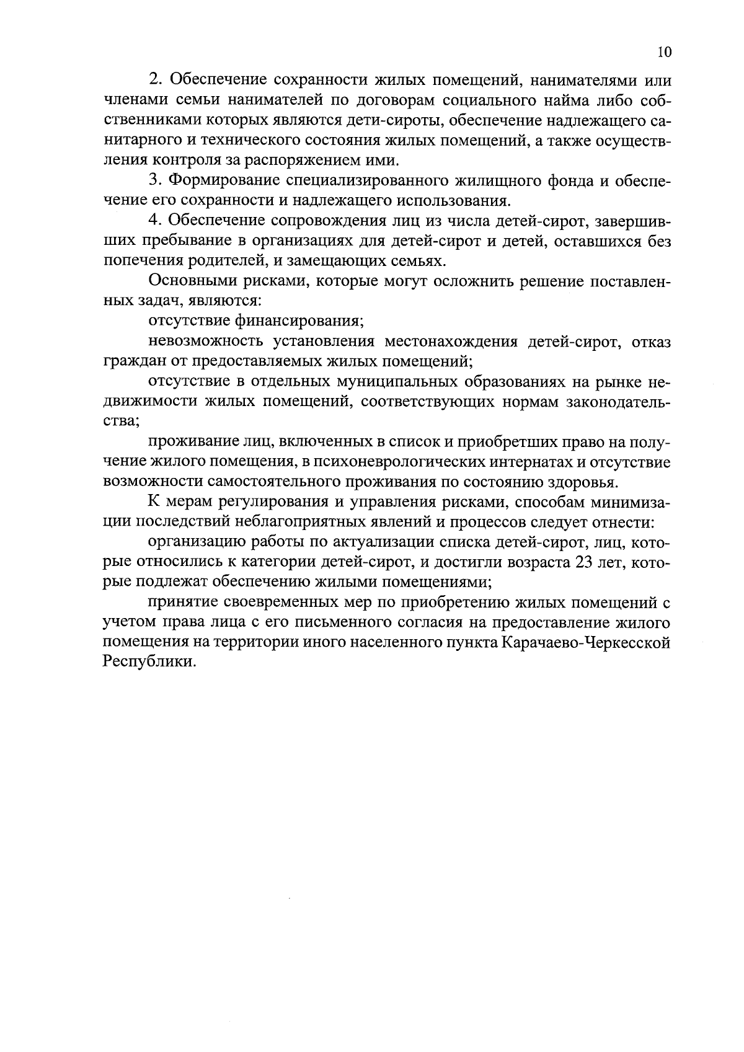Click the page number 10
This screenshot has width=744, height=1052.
[x=663, y=52]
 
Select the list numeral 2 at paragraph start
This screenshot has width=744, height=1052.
[x=154, y=80]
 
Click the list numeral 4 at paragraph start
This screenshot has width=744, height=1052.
[x=154, y=221]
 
